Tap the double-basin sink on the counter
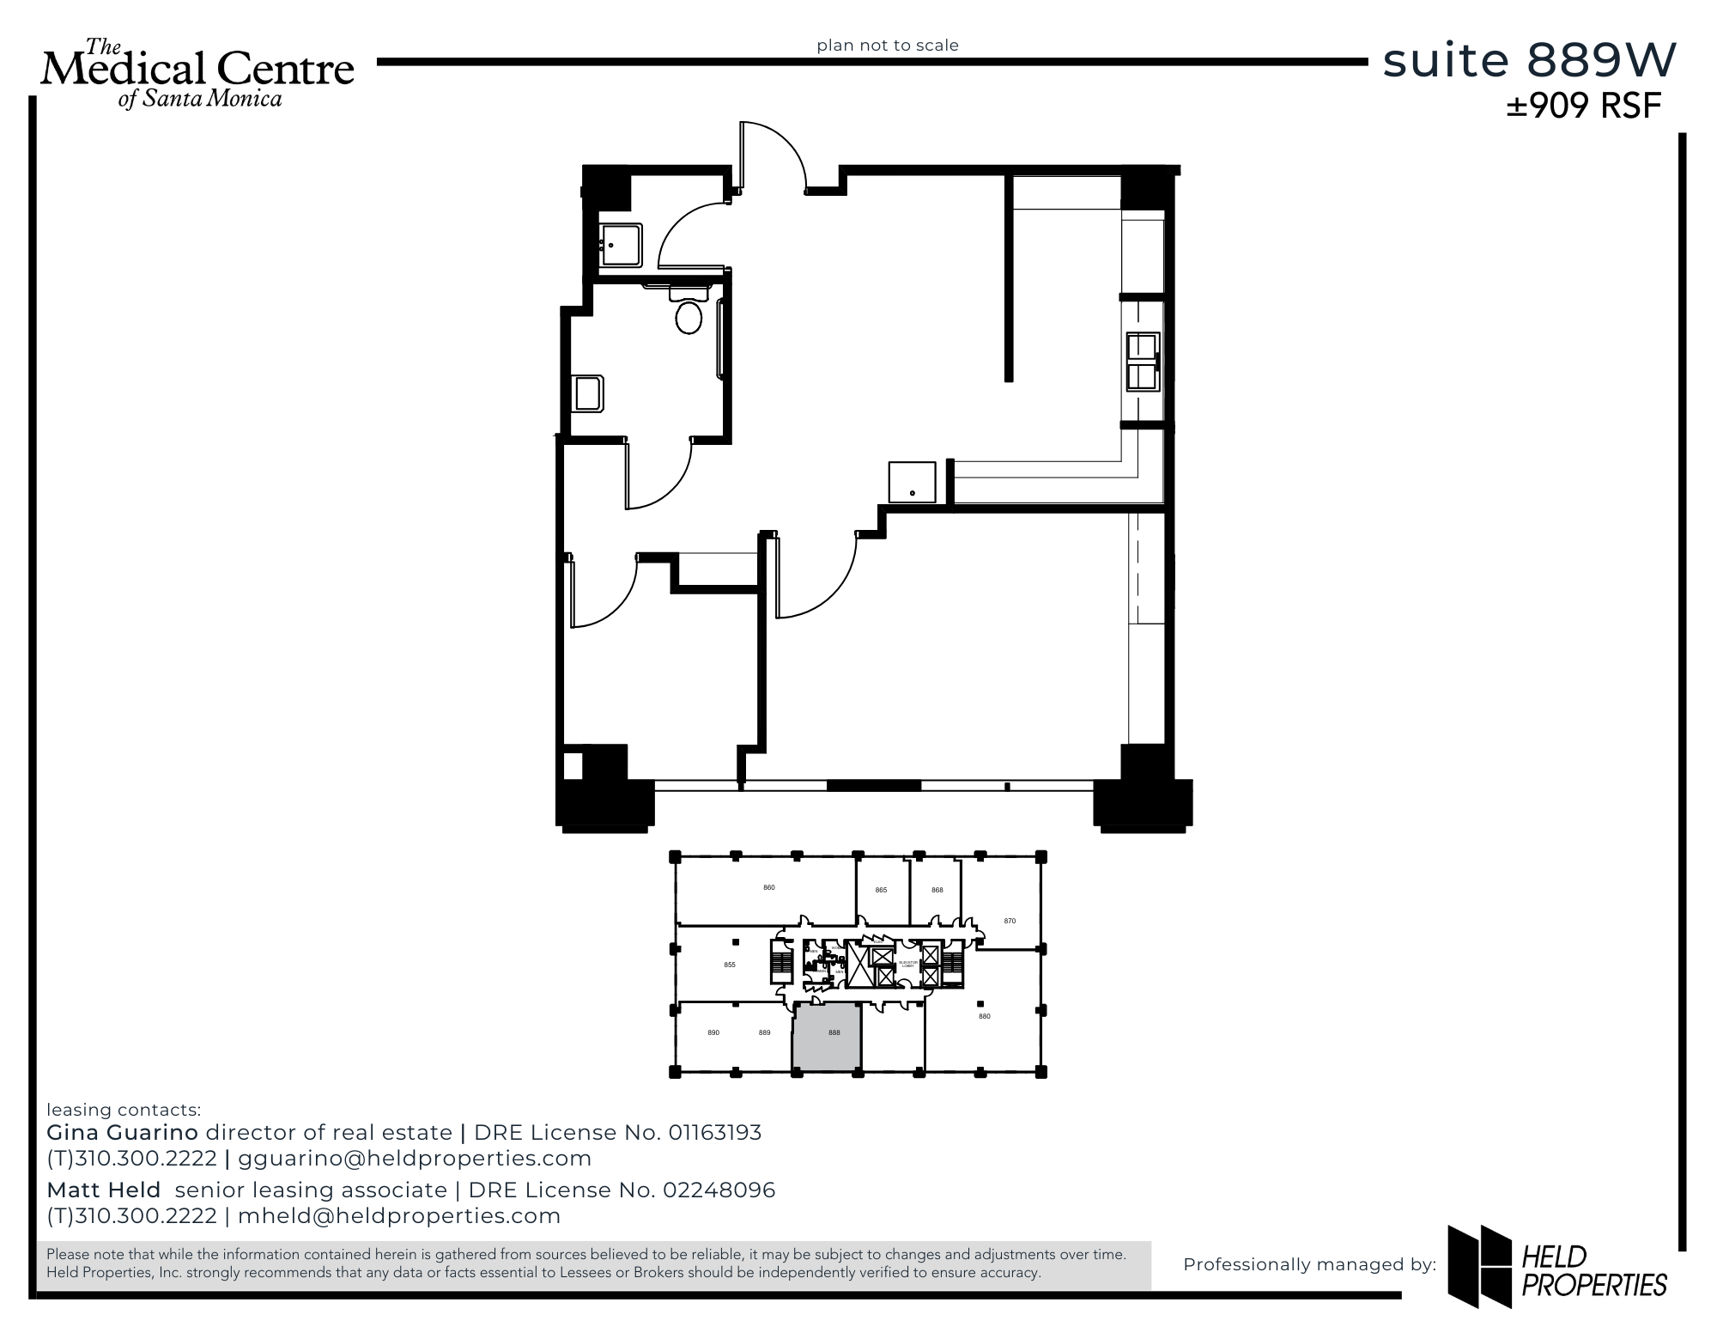(1143, 362)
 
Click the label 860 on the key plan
(769, 887)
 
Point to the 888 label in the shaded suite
(834, 1033)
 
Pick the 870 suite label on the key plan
(1010, 921)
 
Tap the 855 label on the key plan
(730, 965)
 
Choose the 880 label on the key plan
(985, 1016)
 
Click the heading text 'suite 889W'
(1529, 61)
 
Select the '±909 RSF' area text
(1584, 107)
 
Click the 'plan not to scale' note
(888, 46)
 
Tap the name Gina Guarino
(122, 1133)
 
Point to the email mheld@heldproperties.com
(399, 1216)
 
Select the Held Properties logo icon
(1479, 1266)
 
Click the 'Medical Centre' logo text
(197, 69)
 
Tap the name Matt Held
(104, 1190)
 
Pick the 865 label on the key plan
(881, 891)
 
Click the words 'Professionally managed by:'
(1309, 1264)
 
